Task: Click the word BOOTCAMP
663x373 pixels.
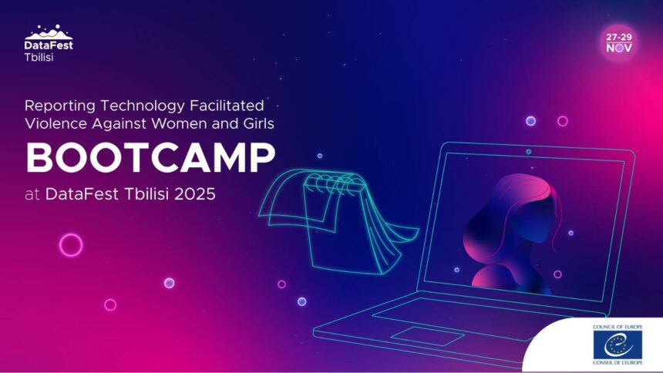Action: (x=150, y=157)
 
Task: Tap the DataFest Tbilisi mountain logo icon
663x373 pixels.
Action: (x=49, y=32)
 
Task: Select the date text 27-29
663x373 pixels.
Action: (x=619, y=37)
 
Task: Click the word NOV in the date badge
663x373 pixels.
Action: (x=619, y=48)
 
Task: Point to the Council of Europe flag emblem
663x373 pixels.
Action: (x=618, y=344)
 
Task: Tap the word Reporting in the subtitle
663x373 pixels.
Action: (x=59, y=106)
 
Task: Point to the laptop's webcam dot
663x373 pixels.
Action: (x=529, y=152)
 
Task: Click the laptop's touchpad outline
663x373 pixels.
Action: (x=427, y=336)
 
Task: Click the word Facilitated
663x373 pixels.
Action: (x=227, y=106)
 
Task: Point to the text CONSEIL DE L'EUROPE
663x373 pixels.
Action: (x=618, y=363)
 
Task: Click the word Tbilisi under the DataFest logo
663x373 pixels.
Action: (x=39, y=57)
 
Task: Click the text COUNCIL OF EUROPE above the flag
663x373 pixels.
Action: (x=618, y=327)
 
